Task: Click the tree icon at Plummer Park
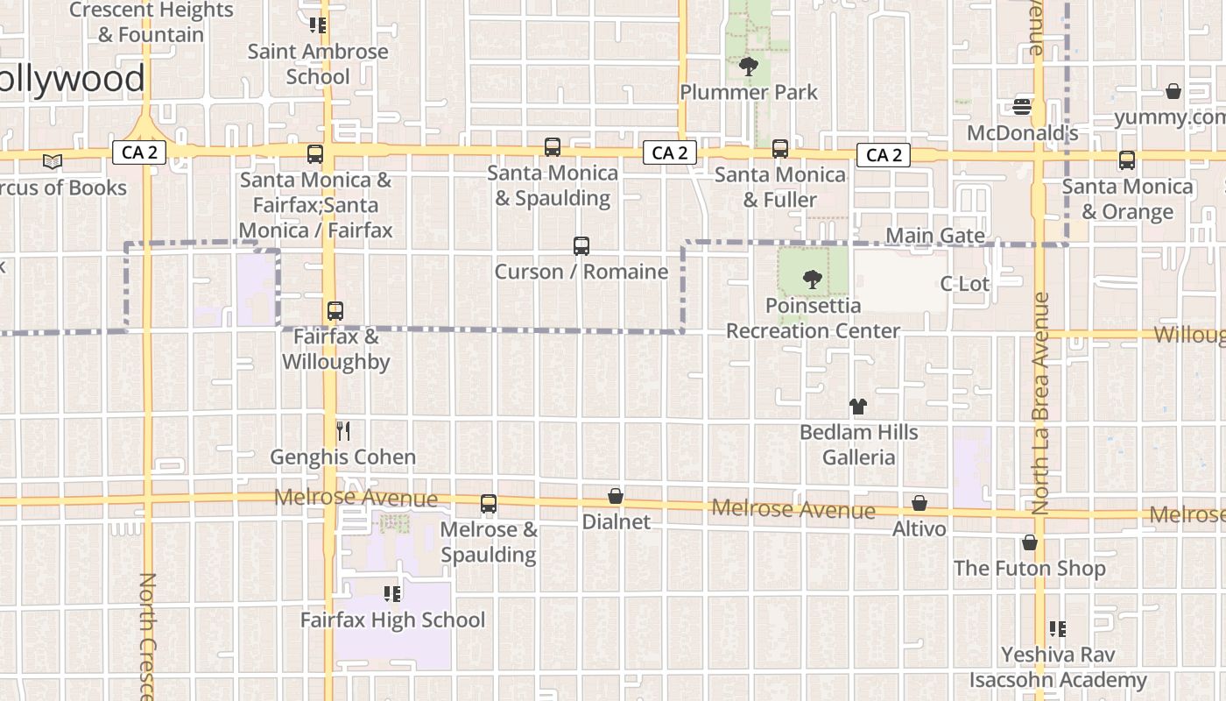(x=748, y=66)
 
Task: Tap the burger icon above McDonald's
(x=1021, y=107)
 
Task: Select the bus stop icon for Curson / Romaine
(x=581, y=246)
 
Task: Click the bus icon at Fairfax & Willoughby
(x=335, y=311)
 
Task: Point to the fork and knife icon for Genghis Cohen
(x=343, y=431)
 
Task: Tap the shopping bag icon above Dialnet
(x=616, y=497)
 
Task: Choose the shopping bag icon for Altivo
(x=919, y=503)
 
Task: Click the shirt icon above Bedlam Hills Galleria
(x=858, y=407)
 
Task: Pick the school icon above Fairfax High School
(x=391, y=594)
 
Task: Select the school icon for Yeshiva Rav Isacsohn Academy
(x=1057, y=629)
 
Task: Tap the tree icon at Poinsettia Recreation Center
(x=813, y=280)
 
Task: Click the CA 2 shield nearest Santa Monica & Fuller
(x=670, y=153)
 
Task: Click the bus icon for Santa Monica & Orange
(x=1126, y=160)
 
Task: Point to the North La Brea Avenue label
(x=1039, y=402)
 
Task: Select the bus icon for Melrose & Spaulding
(x=489, y=504)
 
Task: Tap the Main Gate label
(x=935, y=236)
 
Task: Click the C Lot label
(x=964, y=284)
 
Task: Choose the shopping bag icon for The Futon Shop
(x=1030, y=542)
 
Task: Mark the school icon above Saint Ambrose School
(x=317, y=25)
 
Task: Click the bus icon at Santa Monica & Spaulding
(x=552, y=147)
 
